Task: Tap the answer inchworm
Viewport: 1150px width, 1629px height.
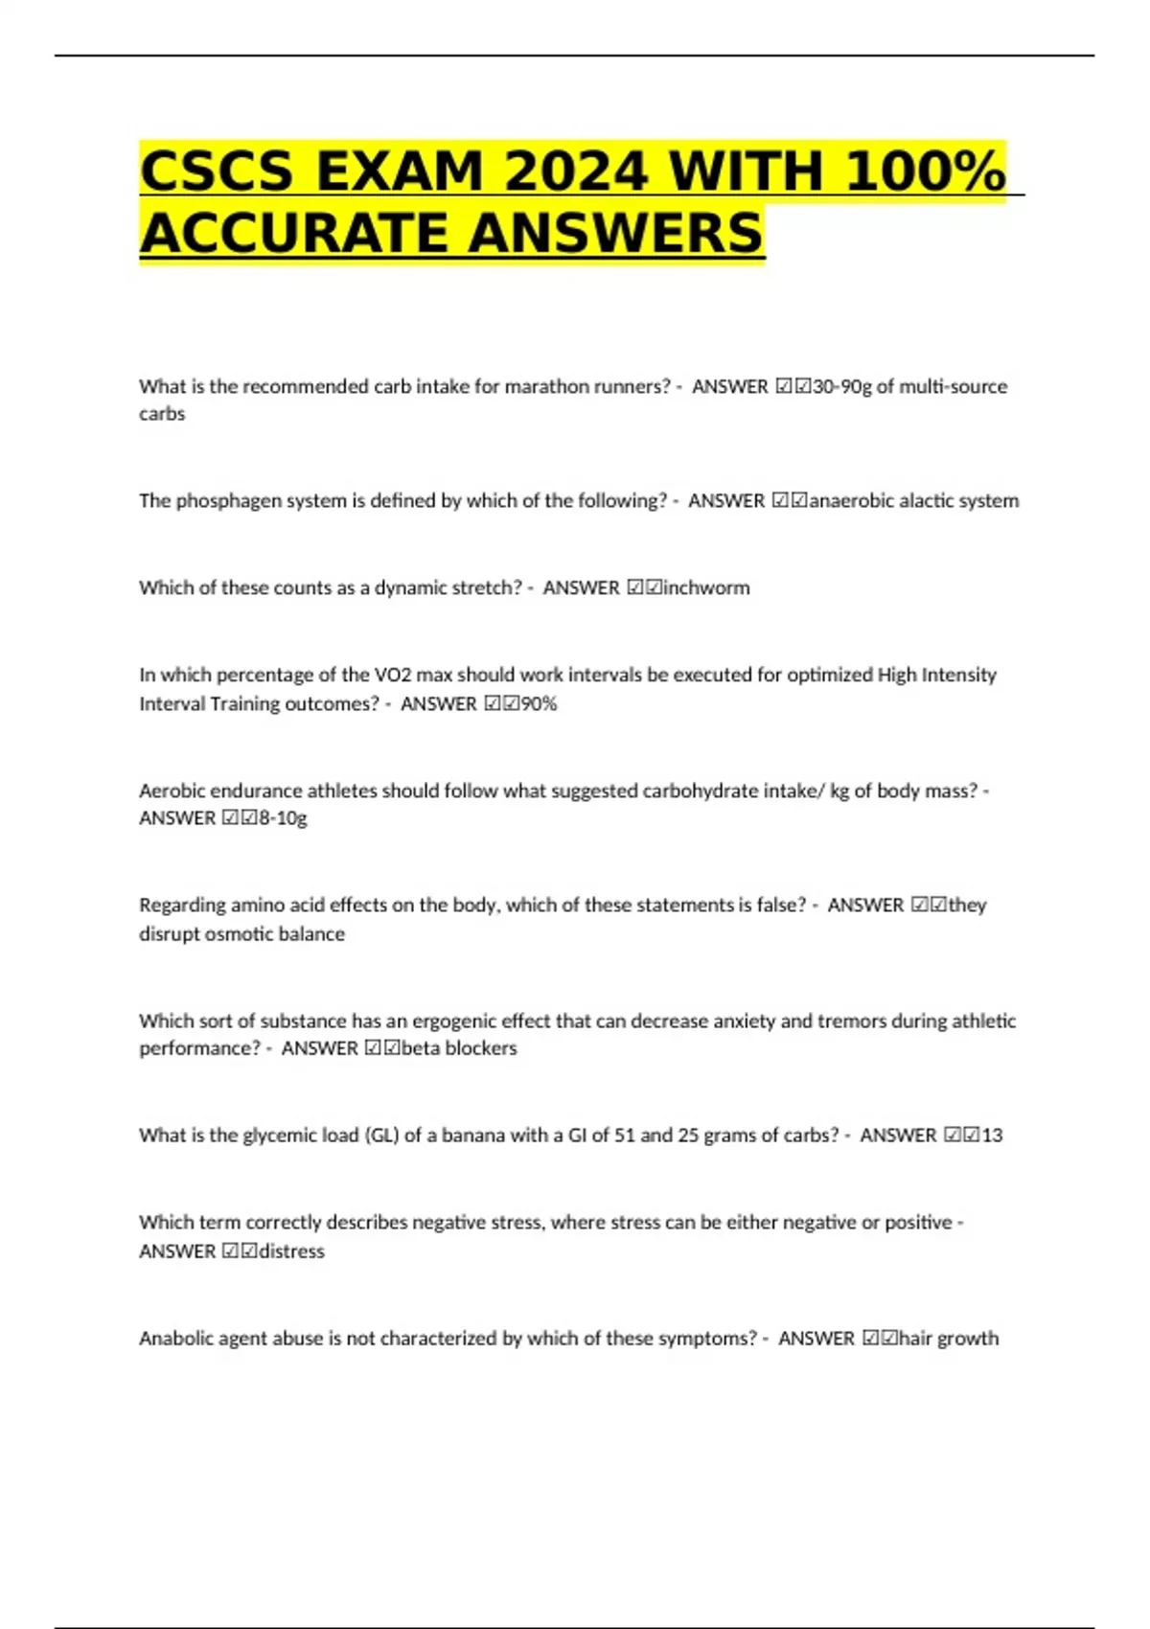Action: click(706, 587)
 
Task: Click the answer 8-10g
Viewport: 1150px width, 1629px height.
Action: click(283, 818)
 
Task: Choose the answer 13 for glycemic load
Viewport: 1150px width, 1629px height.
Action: click(992, 1136)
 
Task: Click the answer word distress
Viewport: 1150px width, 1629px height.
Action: click(291, 1251)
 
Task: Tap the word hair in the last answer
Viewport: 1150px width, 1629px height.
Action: click(915, 1338)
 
